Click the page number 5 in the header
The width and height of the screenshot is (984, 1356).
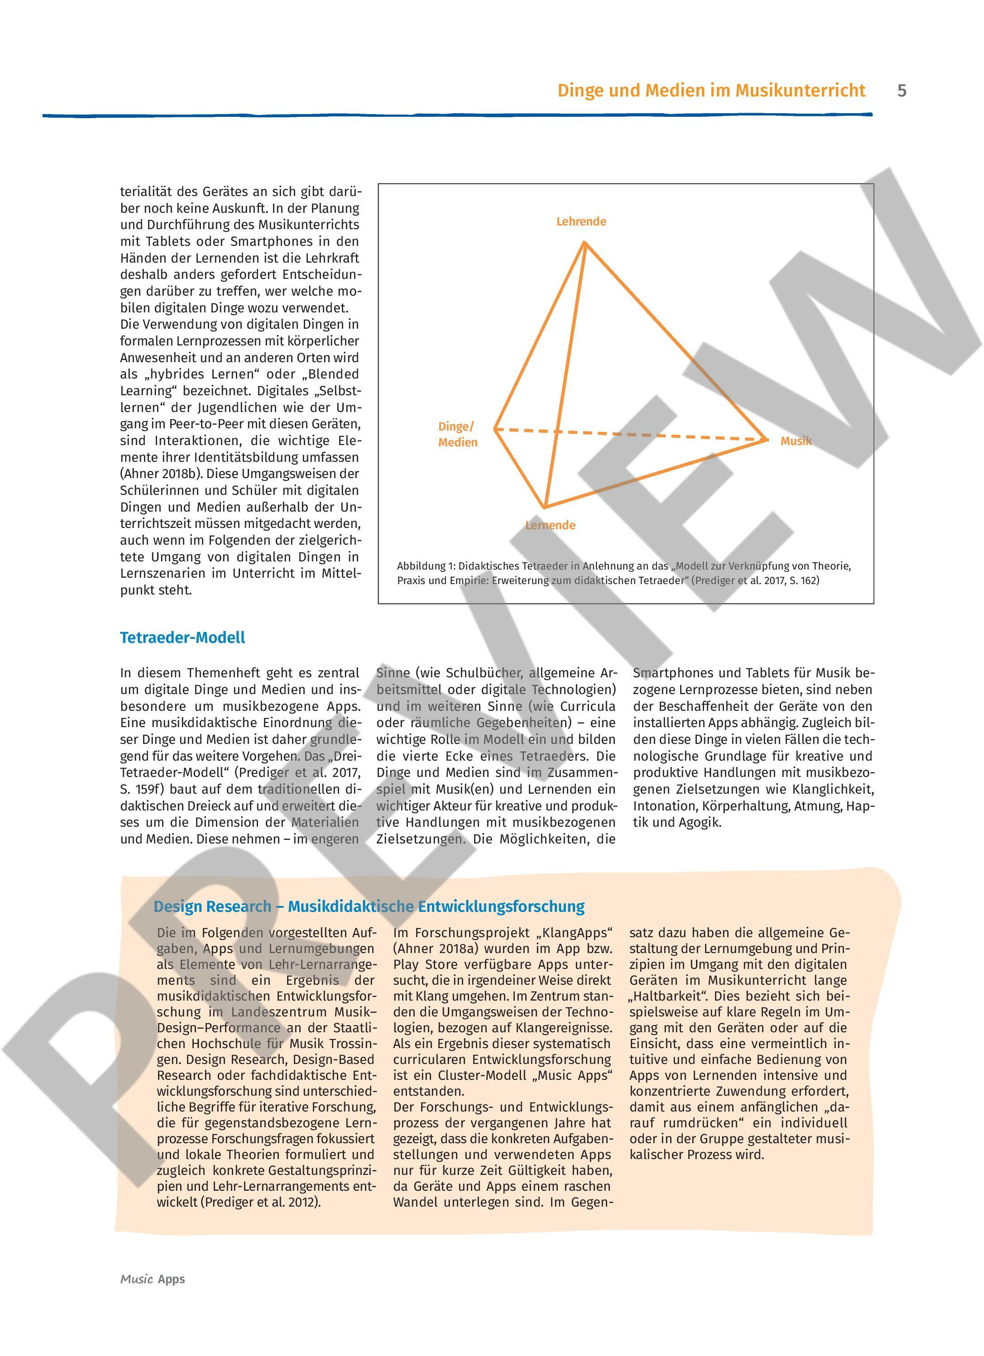[x=902, y=91]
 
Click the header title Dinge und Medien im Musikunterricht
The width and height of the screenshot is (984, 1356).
[x=711, y=91]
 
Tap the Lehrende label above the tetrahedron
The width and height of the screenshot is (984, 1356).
[x=581, y=222]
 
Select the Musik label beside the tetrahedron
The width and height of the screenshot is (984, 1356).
[x=796, y=441]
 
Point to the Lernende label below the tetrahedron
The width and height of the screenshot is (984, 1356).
[x=550, y=526]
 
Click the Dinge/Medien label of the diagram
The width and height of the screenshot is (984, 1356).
[x=457, y=435]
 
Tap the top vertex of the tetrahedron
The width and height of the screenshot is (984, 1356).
[x=585, y=242]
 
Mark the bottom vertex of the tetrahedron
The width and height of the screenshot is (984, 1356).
[x=544, y=508]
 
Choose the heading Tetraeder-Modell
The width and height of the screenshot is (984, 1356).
[x=182, y=637]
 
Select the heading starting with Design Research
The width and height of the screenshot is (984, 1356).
[x=369, y=906]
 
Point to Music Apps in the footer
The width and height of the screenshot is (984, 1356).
[x=153, y=1279]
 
